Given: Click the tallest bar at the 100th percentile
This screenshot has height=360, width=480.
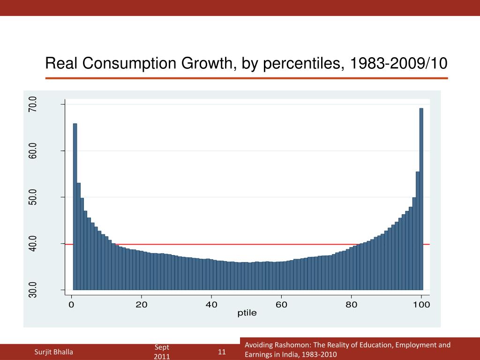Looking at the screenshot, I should [x=421, y=199].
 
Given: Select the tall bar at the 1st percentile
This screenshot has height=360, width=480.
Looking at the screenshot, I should [x=75, y=206].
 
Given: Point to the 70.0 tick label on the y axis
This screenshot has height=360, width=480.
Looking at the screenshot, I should [x=32, y=104].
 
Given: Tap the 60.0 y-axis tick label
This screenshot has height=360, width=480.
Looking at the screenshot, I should [x=32, y=151].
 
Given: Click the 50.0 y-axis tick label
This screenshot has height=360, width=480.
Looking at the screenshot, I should [x=32, y=197].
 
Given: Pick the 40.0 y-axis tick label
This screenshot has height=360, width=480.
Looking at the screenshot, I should [x=32, y=244].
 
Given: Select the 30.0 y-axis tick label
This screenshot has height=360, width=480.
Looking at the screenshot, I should [x=32, y=290].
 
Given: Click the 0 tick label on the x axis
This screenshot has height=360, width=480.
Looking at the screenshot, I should [x=71, y=305].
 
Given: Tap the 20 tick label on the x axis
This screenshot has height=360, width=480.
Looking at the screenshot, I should [x=142, y=305].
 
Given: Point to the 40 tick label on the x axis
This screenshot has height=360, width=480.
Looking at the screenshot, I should [x=211, y=305].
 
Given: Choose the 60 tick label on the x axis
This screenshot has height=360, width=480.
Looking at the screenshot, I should [x=281, y=305].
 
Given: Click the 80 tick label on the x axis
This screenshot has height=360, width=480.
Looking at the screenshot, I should [x=352, y=305].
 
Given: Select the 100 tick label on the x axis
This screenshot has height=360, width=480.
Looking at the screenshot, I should [x=421, y=305].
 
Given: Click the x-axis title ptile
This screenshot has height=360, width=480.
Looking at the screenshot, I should [x=247, y=313].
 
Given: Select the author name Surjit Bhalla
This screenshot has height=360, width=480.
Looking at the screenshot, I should [x=54, y=352].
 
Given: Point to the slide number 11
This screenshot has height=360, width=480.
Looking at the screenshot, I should [x=222, y=352].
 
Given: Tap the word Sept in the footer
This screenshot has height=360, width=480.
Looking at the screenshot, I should [x=162, y=347].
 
